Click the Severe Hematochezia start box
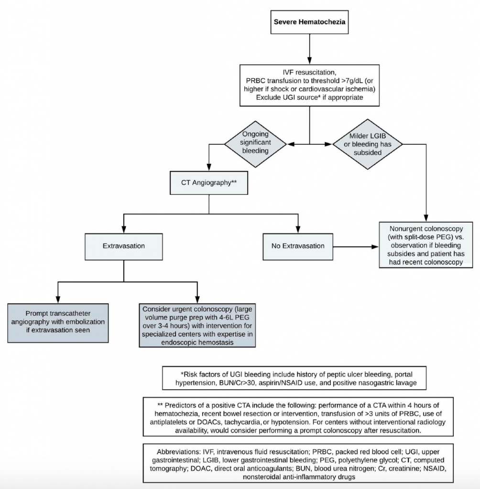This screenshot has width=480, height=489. pyautogui.click(x=310, y=22)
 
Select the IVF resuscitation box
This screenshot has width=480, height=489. pyautogui.click(x=310, y=85)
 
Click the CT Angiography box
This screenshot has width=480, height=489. pyautogui.click(x=208, y=182)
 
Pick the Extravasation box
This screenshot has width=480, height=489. pyautogui.click(x=124, y=246)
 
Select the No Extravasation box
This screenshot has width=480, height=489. pyautogui.click(x=299, y=246)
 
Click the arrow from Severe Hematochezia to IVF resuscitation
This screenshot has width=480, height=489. pyautogui.click(x=310, y=47)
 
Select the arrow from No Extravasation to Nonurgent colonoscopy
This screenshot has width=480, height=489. pyautogui.click(x=356, y=247)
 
